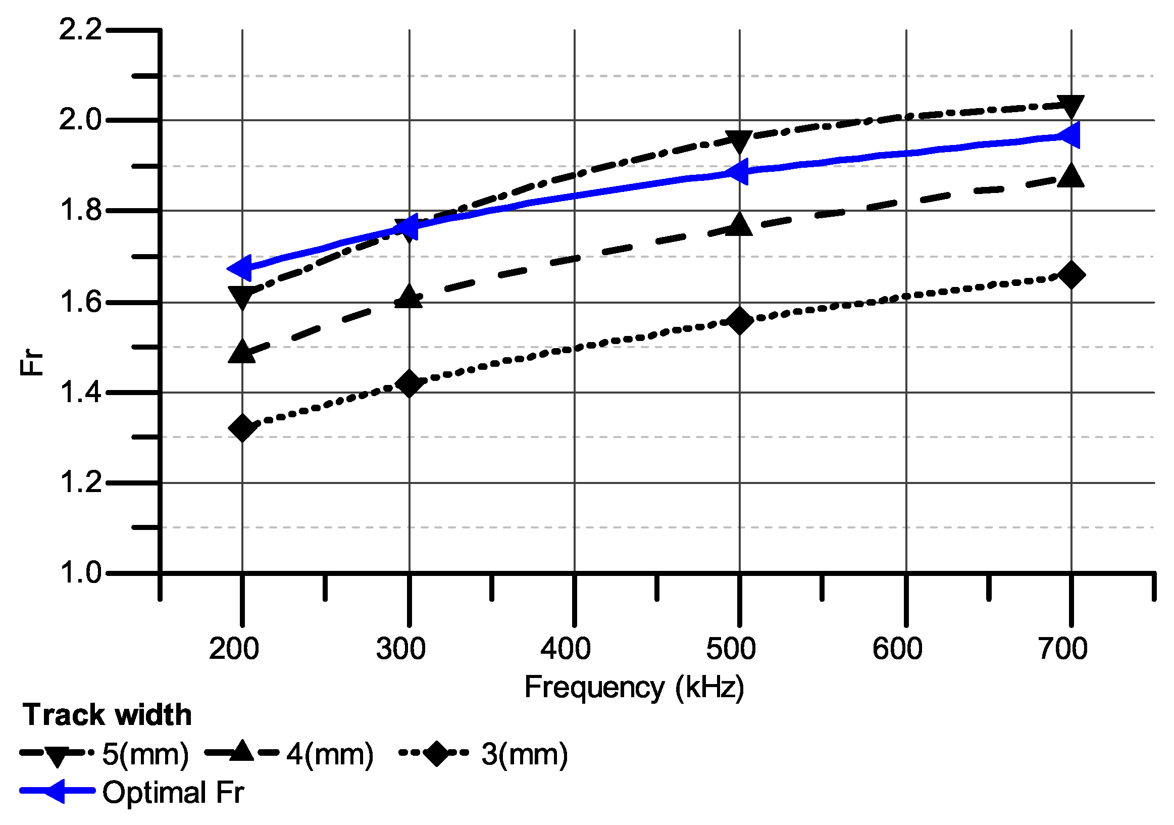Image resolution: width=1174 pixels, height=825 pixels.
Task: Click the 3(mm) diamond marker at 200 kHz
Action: pos(242,427)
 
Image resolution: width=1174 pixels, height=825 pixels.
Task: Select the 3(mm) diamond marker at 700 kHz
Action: pos(1071,275)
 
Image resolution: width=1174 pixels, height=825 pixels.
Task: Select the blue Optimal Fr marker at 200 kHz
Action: pos(240,267)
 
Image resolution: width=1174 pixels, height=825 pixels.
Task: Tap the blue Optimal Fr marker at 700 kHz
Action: pos(1068,135)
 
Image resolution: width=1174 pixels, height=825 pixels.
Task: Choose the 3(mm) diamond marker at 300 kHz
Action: pos(409,383)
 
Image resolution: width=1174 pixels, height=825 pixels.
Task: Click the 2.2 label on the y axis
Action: pos(80,30)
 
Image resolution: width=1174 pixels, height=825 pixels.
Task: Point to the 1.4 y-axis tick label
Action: pos(80,393)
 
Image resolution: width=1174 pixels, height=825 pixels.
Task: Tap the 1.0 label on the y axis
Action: pos(80,573)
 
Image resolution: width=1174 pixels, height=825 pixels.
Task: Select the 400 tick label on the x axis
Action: pos(566,649)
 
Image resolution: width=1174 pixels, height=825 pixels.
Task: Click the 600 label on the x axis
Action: pos(897,649)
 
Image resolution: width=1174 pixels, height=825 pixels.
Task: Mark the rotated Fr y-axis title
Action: pos(32,362)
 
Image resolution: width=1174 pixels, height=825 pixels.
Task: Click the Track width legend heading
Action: pos(107,714)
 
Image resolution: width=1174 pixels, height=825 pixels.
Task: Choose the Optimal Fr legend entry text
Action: pos(173,792)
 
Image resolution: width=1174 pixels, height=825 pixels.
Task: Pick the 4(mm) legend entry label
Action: pos(330,754)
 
